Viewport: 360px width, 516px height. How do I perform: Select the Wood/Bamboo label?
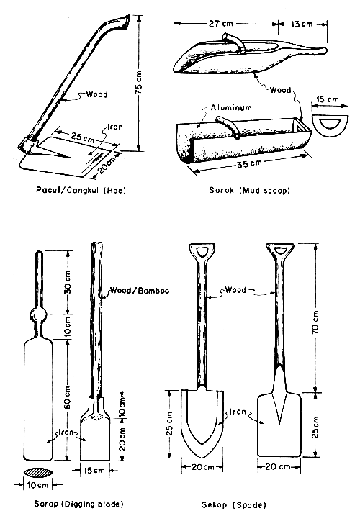click(x=131, y=291)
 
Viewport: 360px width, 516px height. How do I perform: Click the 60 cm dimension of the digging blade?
click(x=67, y=393)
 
